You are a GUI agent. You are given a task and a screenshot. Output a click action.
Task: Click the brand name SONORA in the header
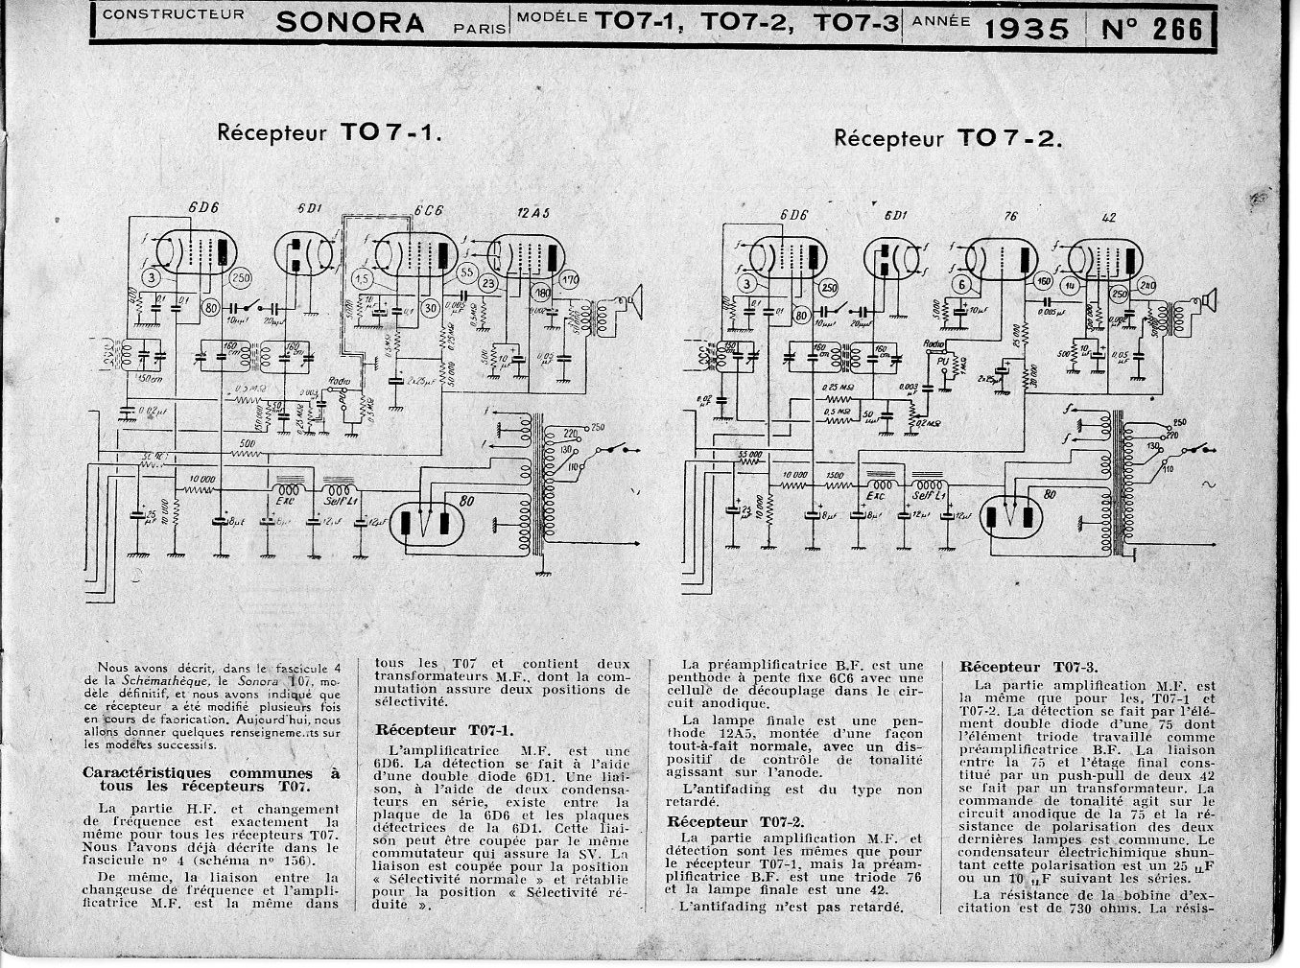(350, 23)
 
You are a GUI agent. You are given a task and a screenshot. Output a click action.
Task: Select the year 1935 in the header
(1027, 28)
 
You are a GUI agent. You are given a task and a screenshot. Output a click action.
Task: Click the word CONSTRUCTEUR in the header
(173, 14)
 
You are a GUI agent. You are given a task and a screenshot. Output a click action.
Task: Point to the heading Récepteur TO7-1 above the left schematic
(330, 132)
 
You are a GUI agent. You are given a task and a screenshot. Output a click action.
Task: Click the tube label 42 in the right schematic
(1110, 218)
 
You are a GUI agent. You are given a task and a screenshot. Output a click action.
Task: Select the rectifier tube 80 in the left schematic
(429, 523)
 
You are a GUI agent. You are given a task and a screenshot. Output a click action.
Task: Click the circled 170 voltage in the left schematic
(570, 281)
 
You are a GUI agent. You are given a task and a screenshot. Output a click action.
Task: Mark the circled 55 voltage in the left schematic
(467, 272)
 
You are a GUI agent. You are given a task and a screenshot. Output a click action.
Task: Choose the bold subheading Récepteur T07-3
(1028, 666)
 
